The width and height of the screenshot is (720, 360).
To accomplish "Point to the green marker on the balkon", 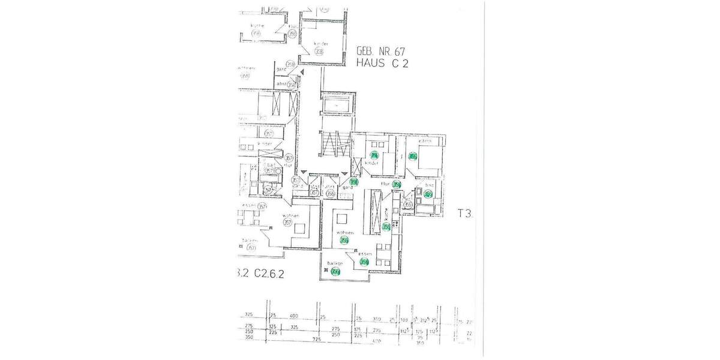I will pos(336,272).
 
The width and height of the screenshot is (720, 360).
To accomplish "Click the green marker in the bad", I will pos(428,193).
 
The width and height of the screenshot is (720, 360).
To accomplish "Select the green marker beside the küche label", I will pos(387,227).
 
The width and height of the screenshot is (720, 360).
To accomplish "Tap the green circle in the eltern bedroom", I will pos(413,157).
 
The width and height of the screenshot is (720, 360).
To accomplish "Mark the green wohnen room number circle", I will pos(344,240).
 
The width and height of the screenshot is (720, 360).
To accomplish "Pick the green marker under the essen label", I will pos(364,262).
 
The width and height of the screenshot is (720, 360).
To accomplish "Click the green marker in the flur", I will pos(396,184).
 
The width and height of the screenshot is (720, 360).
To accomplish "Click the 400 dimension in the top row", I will pos(294,316).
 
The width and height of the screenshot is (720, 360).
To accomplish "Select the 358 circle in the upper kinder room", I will pos(319,52).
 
